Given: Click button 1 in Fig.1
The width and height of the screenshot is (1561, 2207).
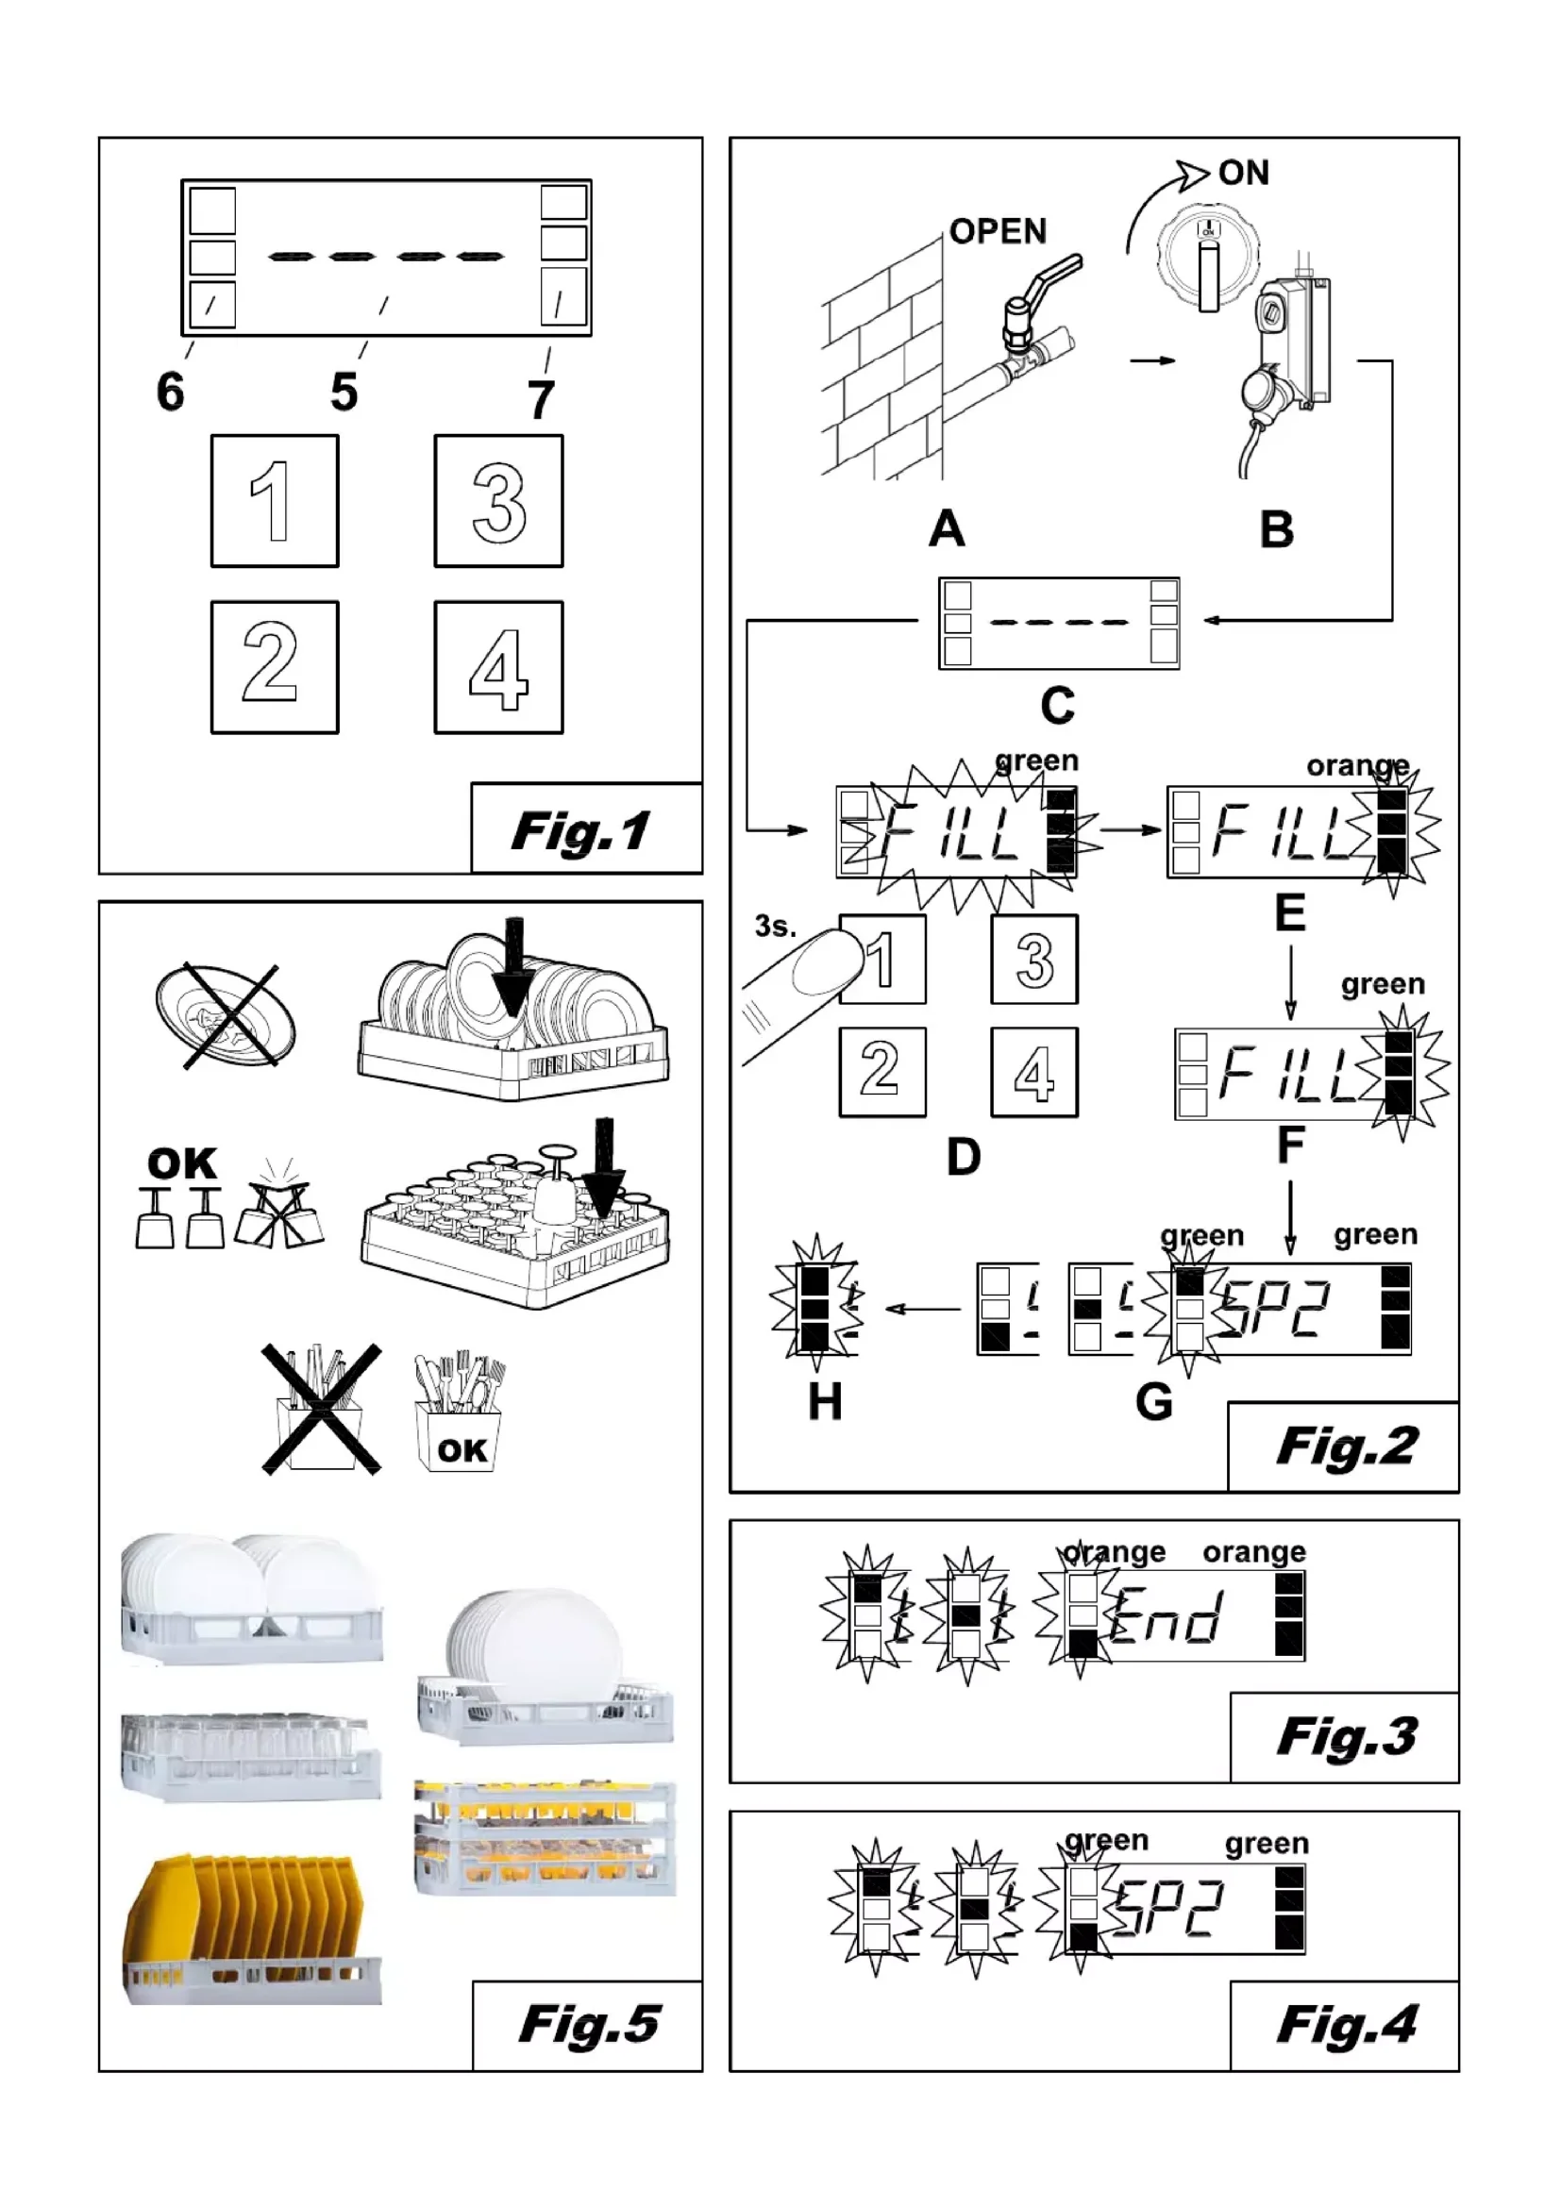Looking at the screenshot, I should pos(274,501).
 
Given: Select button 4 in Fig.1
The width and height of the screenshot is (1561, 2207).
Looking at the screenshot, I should pos(498,667).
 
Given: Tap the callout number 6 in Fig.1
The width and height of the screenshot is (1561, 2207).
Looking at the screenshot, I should pos(170,393).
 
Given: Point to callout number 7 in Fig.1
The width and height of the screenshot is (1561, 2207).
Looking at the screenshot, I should pos(541,400).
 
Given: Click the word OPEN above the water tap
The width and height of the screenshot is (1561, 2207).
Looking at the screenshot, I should pos(997,232).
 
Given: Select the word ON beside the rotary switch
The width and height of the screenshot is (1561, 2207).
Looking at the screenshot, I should pos(1243,173).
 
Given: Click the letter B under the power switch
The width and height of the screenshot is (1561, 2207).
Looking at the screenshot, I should pos(1277,529).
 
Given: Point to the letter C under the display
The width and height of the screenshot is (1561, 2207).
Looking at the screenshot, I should pos(1057,707).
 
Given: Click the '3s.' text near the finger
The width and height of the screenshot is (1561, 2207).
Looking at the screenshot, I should pos(776,927).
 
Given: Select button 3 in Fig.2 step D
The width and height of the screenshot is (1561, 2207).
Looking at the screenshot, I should pos(1034,960).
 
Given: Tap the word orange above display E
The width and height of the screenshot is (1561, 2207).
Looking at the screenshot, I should pos(1356,766).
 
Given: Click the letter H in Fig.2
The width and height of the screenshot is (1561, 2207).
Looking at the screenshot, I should pos(825,1402).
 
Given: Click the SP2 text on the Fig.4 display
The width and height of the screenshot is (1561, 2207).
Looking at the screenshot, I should pos(1168,1909).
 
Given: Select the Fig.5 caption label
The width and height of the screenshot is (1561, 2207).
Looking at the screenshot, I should pos(588,2024).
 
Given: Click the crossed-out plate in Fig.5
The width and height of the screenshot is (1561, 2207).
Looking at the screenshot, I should pos(226,1015).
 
